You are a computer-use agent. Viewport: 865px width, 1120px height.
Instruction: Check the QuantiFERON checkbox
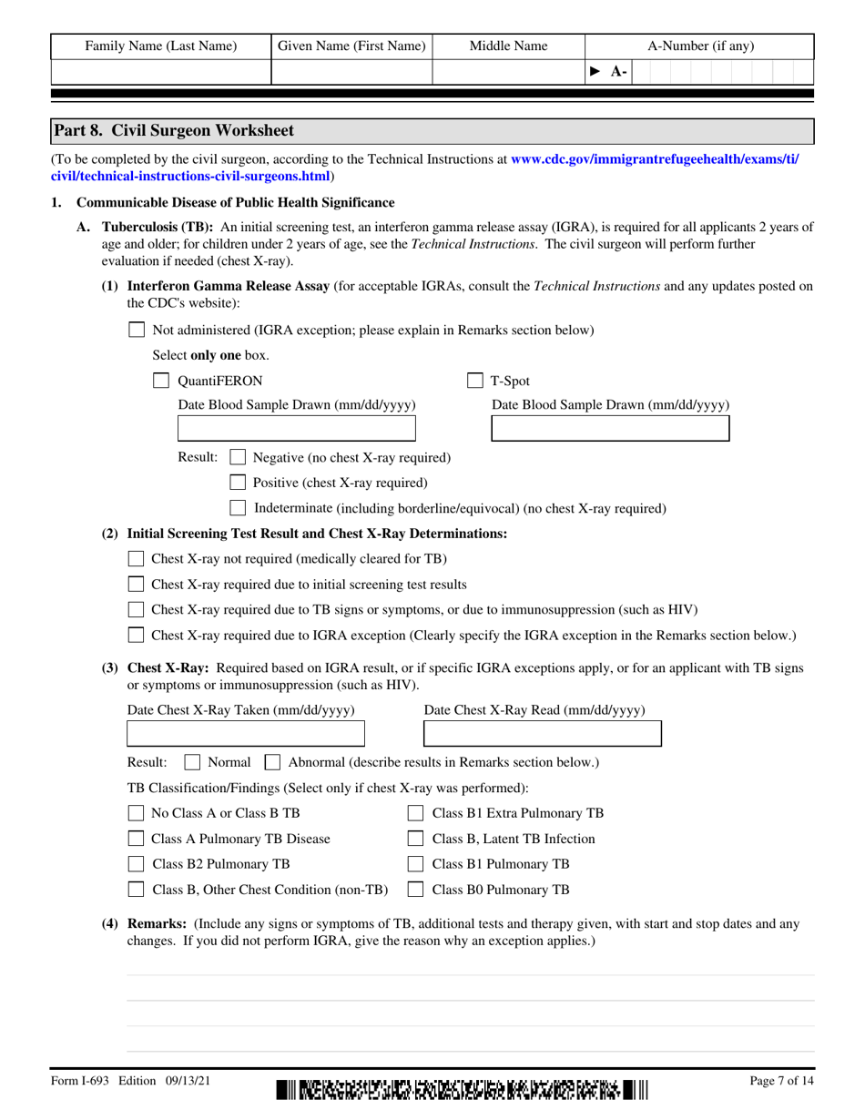tap(160, 381)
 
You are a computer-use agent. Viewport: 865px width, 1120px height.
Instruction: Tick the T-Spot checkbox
tap(474, 381)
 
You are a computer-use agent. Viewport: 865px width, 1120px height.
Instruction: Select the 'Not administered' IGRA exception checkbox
tap(136, 331)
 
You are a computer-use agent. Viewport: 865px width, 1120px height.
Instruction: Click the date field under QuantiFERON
tap(296, 429)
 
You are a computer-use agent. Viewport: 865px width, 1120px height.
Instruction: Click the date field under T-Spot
tap(610, 429)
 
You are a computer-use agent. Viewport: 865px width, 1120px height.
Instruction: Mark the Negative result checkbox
tap(238, 457)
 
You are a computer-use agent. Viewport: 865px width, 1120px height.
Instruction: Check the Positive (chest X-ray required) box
tap(238, 483)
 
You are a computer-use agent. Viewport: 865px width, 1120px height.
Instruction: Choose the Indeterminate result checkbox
tap(238, 508)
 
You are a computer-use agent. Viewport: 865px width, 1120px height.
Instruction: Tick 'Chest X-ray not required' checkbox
tap(136, 558)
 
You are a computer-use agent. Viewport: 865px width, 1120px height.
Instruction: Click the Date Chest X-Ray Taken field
tap(245, 734)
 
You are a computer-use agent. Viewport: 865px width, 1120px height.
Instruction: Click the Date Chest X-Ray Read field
tap(543, 734)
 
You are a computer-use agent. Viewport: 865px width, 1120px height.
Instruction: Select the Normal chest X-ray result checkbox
tap(192, 762)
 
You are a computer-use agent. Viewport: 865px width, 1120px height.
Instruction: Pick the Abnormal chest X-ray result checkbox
tap(271, 762)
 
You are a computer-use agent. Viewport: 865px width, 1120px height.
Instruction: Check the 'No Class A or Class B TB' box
tap(136, 813)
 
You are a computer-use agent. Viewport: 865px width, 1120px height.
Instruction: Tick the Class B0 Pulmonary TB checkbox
tap(415, 890)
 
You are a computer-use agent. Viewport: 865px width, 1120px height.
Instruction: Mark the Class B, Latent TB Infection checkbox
tap(415, 839)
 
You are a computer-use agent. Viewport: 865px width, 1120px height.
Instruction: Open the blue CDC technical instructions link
tap(655, 158)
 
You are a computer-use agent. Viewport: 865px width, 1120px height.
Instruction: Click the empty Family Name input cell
tap(160, 72)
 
